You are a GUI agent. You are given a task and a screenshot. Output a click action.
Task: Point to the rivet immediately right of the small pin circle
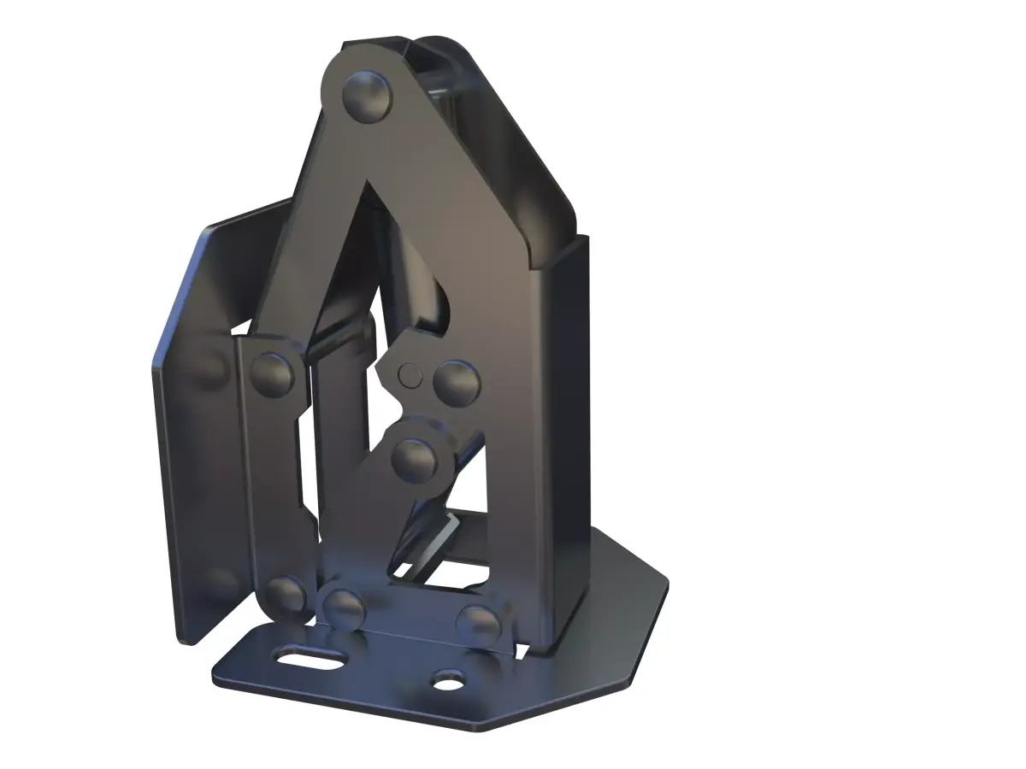455,381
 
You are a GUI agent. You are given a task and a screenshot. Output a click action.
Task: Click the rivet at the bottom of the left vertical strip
285,594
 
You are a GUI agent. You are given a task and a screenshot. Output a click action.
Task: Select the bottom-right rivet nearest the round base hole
479,622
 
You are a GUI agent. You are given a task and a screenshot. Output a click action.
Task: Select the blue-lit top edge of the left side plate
248,214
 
